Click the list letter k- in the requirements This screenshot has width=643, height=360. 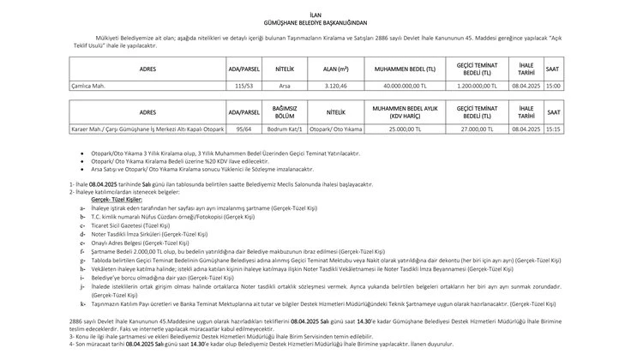pyautogui.click(x=81, y=303)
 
